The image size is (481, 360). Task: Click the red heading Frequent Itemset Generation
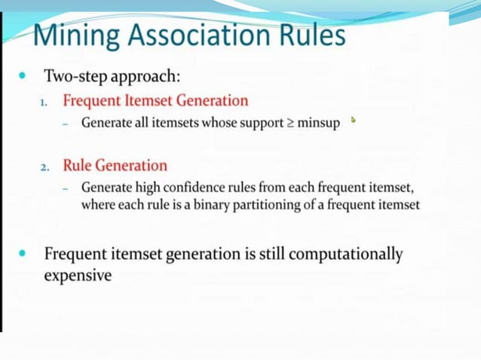(x=155, y=100)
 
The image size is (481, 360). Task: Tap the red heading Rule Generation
(x=115, y=166)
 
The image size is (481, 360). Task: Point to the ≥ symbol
(x=290, y=123)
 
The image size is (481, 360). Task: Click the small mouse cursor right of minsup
(x=353, y=119)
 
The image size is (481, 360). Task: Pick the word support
(x=260, y=123)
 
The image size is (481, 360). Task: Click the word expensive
(x=78, y=276)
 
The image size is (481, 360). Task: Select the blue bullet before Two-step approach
(x=23, y=76)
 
